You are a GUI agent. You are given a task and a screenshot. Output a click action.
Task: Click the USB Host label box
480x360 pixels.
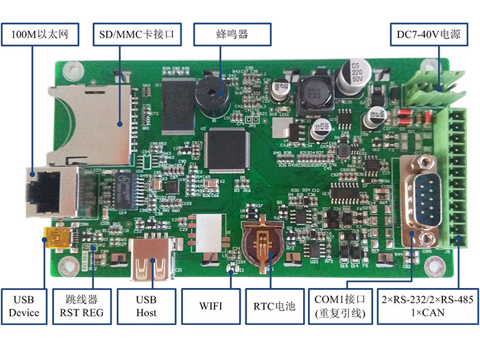click(x=146, y=305)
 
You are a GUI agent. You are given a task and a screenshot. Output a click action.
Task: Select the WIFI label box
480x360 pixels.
click(x=211, y=305)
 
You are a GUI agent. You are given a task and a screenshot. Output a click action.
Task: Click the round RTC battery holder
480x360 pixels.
click(x=261, y=245)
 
